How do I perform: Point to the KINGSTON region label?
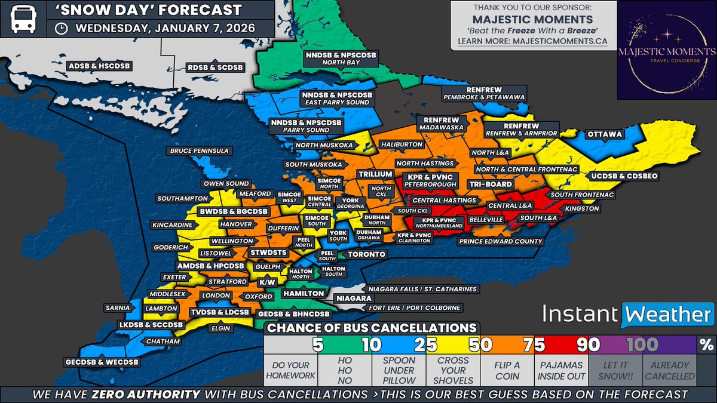582,209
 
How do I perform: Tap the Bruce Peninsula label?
198,151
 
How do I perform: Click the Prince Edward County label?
501,242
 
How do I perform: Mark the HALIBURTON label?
404,144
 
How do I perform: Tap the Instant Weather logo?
627,314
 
